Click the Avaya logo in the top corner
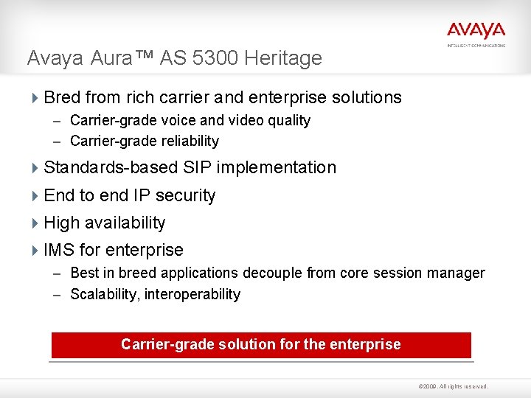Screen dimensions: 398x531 (x=476, y=31)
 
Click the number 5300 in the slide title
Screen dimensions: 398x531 (x=221, y=58)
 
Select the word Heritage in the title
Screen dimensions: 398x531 (x=286, y=58)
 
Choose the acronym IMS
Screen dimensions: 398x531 (x=58, y=251)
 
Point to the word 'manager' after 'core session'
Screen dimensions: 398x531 (x=457, y=273)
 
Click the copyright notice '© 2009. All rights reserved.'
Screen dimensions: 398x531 (x=453, y=386)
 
